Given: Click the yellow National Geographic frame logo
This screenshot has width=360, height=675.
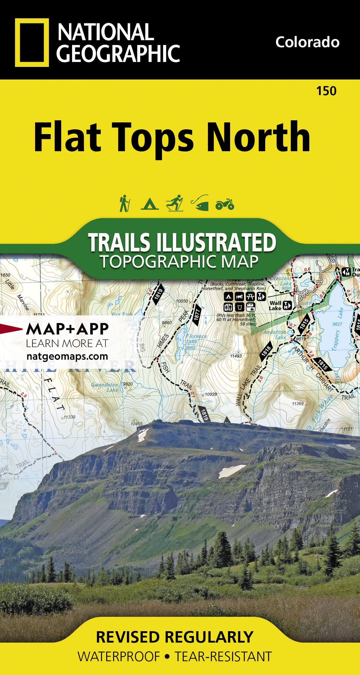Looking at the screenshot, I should [32, 42].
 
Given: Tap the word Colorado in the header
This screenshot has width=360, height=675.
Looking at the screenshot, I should [307, 42].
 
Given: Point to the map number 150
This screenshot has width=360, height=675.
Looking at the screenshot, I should [326, 91].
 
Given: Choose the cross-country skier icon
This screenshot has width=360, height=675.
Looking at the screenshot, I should [175, 203].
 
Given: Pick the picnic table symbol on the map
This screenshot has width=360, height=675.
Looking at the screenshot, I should [250, 297].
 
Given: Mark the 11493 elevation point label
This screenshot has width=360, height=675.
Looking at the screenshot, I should [236, 356].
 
